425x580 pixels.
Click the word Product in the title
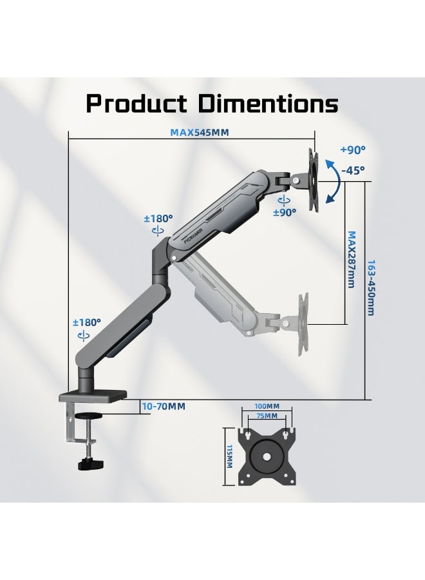pyautogui.click(x=137, y=103)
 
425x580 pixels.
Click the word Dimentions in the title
pyautogui.click(x=269, y=103)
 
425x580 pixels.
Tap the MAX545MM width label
pyautogui.click(x=199, y=132)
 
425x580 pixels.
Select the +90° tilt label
pyautogui.click(x=353, y=150)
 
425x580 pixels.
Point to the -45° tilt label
pyautogui.click(x=353, y=170)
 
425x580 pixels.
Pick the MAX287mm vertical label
pyautogui.click(x=351, y=259)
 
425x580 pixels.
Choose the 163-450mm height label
pyautogui.click(x=370, y=288)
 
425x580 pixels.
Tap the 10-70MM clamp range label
pyautogui.click(x=164, y=406)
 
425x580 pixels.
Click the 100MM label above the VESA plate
pyautogui.click(x=267, y=406)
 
